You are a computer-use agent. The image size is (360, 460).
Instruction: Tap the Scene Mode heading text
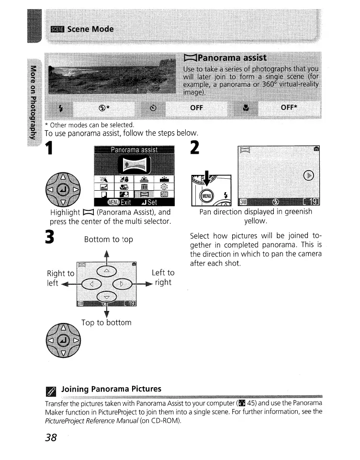90,29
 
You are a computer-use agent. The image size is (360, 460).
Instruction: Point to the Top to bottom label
106,322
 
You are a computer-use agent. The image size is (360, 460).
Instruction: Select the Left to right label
163,277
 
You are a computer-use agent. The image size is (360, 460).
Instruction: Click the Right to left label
60,278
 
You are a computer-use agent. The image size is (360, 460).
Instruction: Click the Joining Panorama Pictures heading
111,389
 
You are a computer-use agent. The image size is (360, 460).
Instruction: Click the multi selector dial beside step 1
62,188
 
